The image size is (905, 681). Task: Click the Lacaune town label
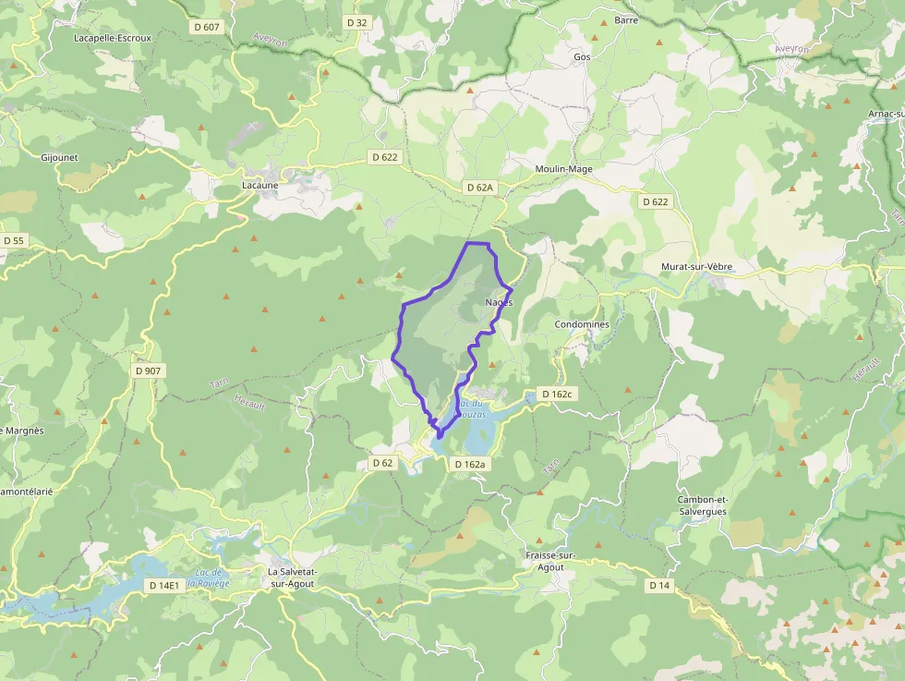pos(259,185)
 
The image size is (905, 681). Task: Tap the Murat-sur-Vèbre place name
pos(696,267)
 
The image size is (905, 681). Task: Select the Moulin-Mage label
pos(563,169)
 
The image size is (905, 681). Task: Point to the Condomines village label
pos(582,324)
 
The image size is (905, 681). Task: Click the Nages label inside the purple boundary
pos(498,303)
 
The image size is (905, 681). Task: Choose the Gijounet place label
pos(60,157)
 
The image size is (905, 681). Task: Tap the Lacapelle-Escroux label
pos(113,38)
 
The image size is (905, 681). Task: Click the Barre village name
pos(626,19)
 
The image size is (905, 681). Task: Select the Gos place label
pos(582,56)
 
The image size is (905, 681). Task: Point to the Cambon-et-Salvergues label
pos(702,505)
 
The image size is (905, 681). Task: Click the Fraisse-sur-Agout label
pos(550,561)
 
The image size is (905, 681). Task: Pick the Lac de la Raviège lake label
pos(208,578)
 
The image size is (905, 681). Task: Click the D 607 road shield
pos(207,27)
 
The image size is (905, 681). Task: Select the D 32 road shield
pos(357,22)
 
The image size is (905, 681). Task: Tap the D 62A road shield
pos(480,188)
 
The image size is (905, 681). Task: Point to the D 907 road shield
pos(147,371)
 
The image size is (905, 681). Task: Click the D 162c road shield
pos(557,394)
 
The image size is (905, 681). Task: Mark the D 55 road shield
pos(14,240)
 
